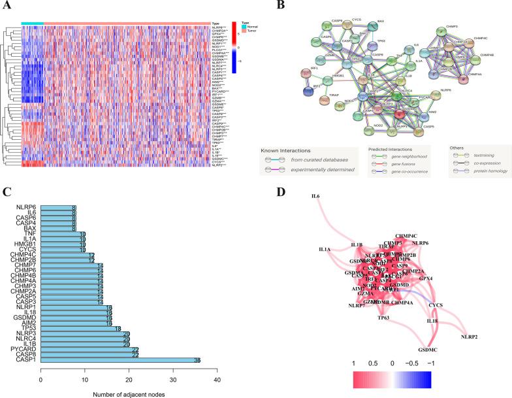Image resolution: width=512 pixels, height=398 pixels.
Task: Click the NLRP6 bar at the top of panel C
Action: (x=58, y=208)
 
